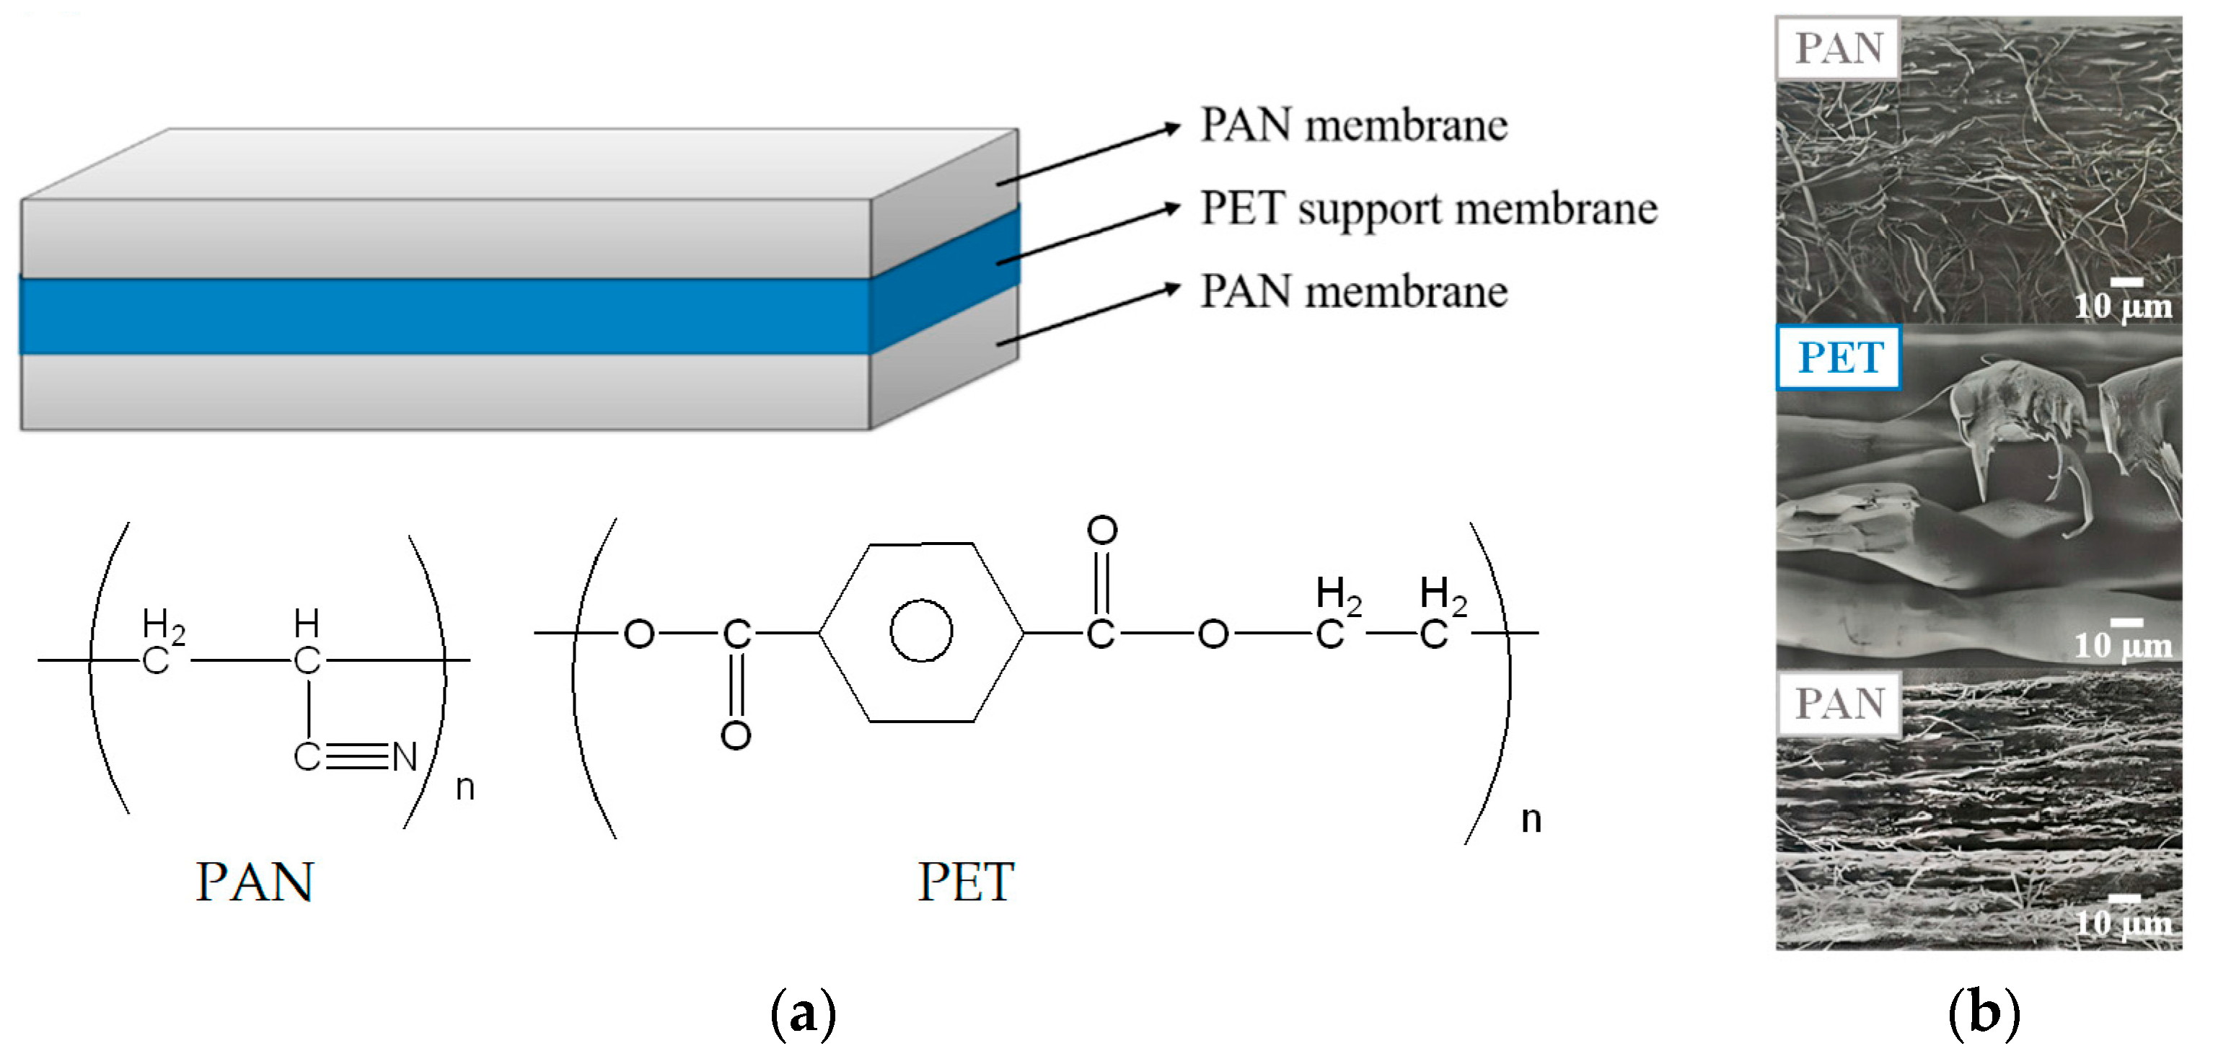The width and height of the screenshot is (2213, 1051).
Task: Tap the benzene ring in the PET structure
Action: click(921, 632)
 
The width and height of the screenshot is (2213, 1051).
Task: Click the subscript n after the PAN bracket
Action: click(465, 787)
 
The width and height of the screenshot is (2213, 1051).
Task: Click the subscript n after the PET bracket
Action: click(1531, 819)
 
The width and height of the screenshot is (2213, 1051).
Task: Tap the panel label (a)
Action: click(804, 1014)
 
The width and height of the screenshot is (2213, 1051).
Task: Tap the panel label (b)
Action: click(1983, 1014)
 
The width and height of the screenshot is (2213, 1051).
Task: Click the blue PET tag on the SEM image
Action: click(1839, 358)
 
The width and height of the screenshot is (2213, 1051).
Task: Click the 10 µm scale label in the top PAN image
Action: click(2123, 306)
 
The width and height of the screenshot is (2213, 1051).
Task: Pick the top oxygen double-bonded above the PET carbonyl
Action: click(1102, 530)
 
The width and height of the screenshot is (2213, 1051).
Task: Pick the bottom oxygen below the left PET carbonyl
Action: click(735, 736)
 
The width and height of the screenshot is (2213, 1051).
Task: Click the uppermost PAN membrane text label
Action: click(1353, 125)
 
